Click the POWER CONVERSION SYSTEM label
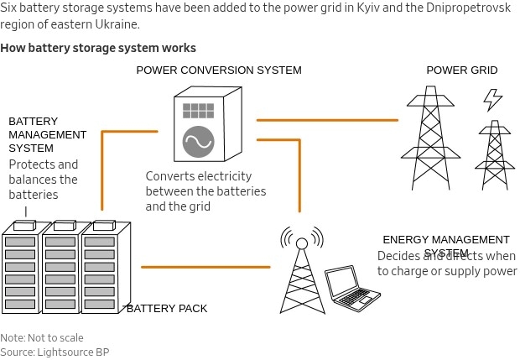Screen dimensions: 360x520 tap(219, 70)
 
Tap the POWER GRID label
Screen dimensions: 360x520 tap(462, 70)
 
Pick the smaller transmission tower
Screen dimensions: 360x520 tap(494, 156)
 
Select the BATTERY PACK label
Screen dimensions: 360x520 tap(167, 309)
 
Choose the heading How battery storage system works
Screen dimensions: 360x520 tap(98, 48)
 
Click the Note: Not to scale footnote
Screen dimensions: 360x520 tap(42, 338)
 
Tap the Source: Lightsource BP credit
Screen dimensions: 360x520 tap(55, 352)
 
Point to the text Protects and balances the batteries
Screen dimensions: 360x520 tap(44, 180)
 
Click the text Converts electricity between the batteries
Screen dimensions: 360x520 tap(205, 190)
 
